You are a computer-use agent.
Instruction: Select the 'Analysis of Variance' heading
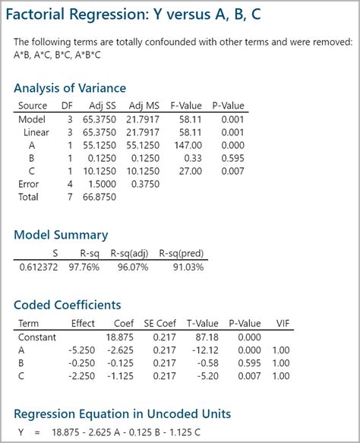click(70, 88)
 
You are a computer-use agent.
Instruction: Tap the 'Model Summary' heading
click(61, 235)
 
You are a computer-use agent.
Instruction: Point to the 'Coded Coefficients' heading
click(68, 305)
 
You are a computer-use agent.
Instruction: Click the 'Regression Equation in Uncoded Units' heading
click(122, 414)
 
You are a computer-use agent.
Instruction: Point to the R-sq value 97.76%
click(86, 267)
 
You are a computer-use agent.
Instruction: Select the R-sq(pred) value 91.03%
click(187, 267)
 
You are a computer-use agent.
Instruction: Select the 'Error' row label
click(28, 184)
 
